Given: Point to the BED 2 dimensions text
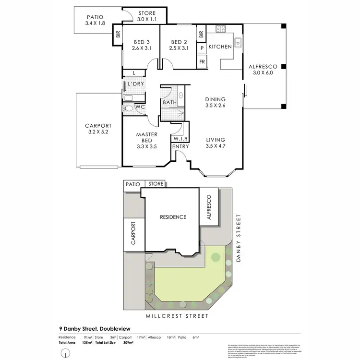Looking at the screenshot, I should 178,48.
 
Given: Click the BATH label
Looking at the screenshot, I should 169,102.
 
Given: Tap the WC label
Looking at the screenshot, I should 140,107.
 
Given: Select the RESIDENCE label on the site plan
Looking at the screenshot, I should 173,217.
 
